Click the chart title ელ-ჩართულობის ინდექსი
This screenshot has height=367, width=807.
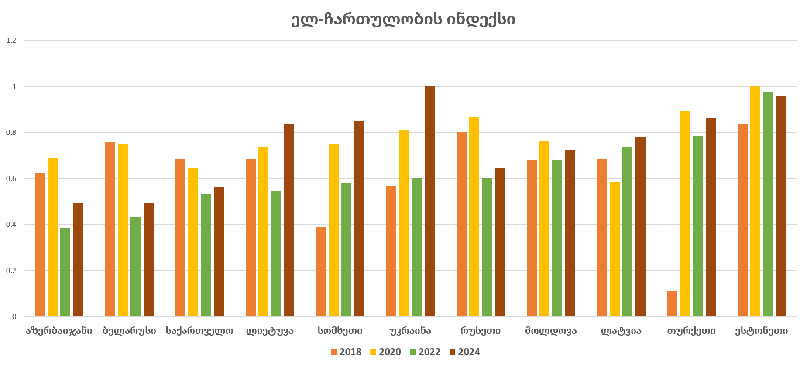click(403, 20)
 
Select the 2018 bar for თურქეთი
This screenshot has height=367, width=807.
click(672, 304)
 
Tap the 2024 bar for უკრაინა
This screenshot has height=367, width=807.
click(429, 202)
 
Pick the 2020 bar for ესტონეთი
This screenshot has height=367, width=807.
click(755, 202)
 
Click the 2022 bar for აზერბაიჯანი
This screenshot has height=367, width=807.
click(65, 272)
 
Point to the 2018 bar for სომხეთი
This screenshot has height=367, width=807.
click(321, 272)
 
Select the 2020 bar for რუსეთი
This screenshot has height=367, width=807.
click(474, 216)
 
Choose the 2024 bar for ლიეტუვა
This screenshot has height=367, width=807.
click(289, 220)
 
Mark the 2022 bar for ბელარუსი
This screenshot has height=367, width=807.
click(135, 267)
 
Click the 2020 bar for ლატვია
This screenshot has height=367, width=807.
click(615, 250)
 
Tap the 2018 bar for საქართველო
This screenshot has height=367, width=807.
click(180, 238)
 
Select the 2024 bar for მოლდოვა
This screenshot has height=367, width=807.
click(570, 233)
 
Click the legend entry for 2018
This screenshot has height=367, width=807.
click(346, 352)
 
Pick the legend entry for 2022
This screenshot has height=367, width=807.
click(425, 352)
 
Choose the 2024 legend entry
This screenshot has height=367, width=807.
click(464, 352)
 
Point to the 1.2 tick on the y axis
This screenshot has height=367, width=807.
click(11, 41)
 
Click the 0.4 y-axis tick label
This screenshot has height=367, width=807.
click(11, 225)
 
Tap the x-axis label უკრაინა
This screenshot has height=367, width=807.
click(410, 331)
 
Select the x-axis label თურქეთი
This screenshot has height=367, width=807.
click(691, 331)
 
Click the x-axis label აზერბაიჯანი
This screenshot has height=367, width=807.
click(59, 331)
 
